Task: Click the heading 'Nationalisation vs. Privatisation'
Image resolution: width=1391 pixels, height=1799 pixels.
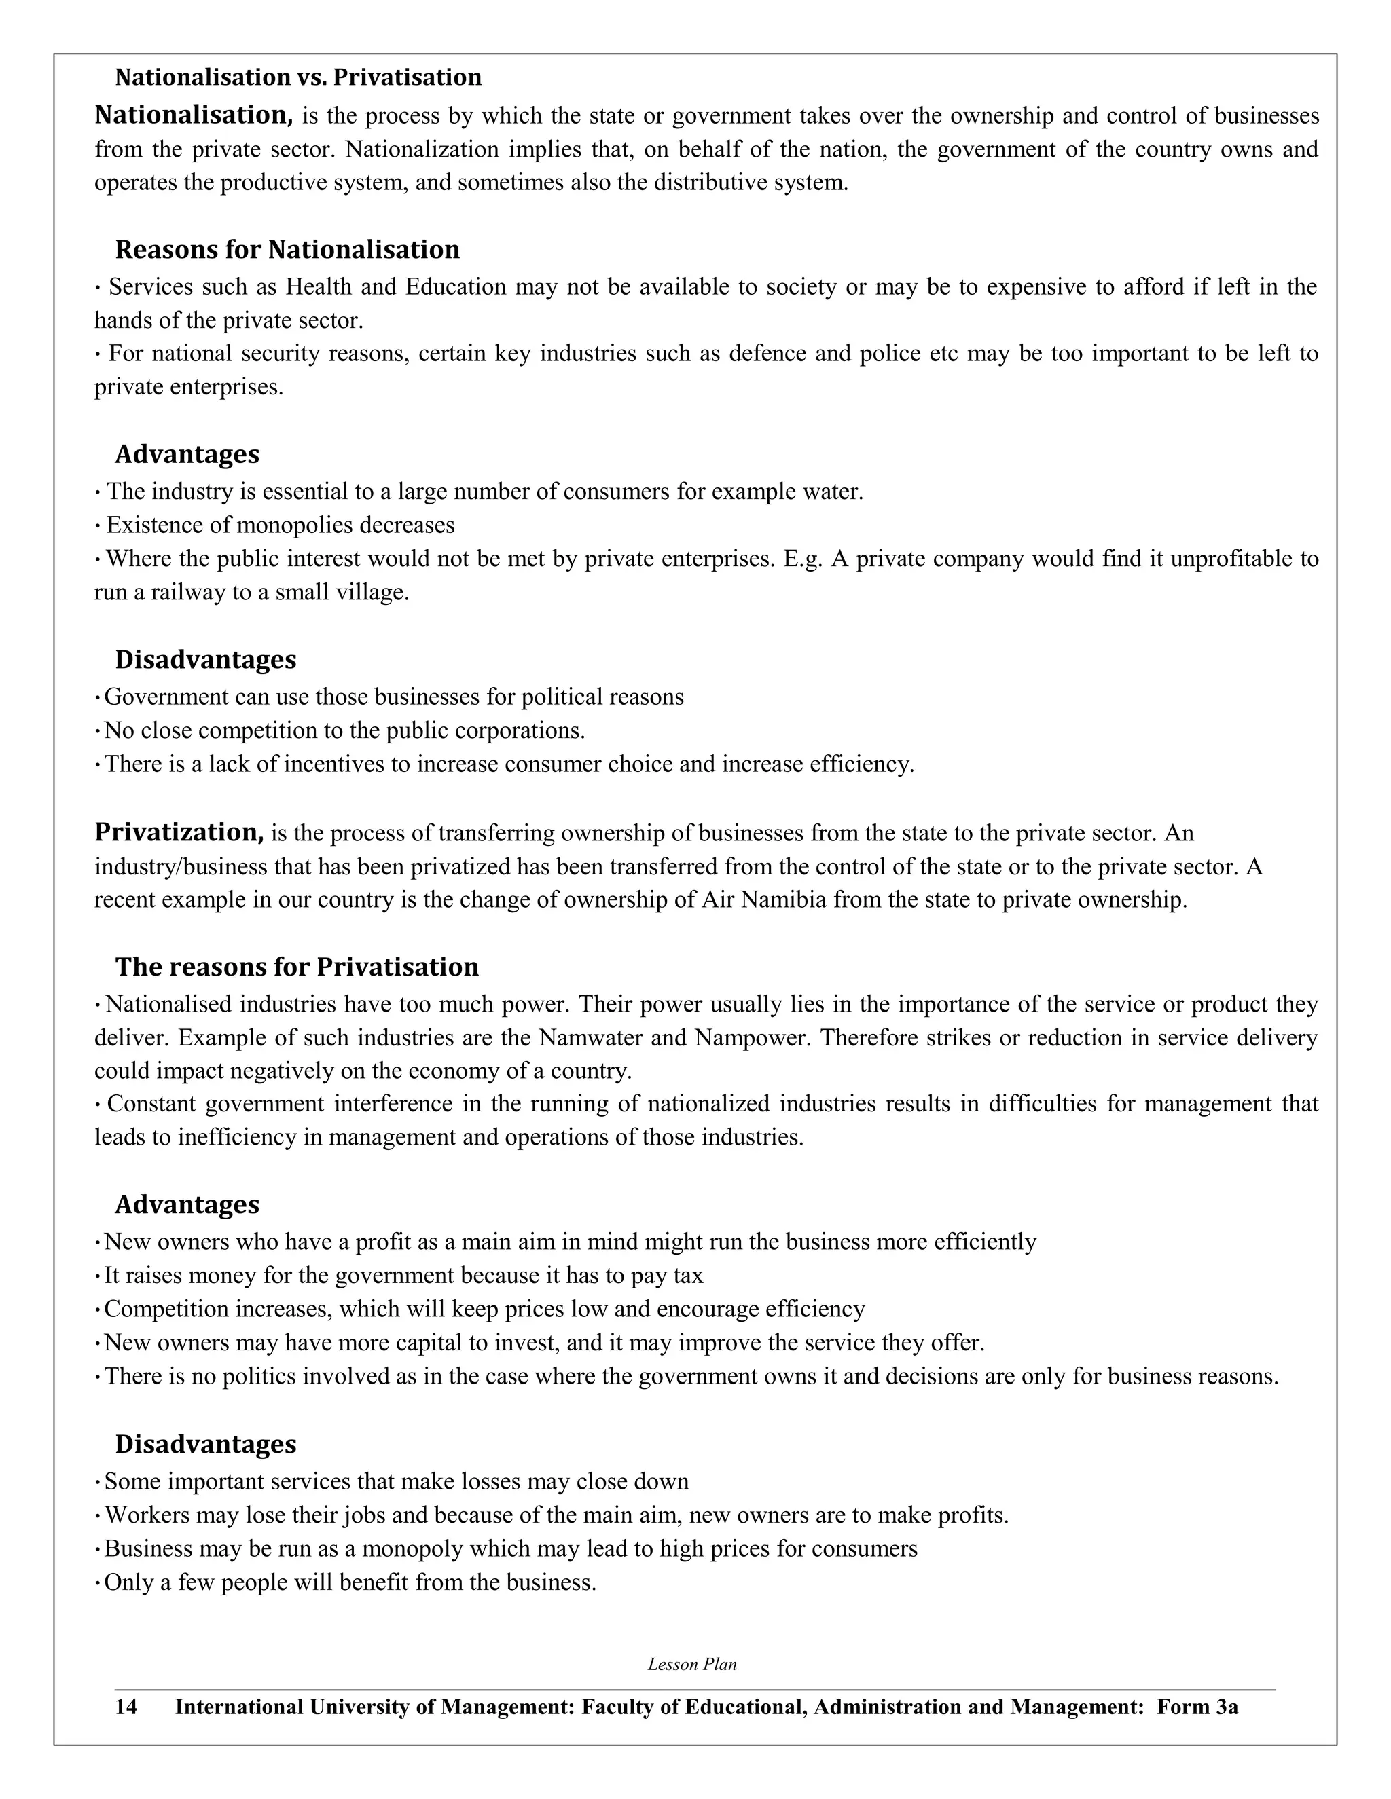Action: point(297,77)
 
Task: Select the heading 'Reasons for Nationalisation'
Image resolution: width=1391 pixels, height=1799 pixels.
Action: point(287,250)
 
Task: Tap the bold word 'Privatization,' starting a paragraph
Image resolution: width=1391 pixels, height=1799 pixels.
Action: point(179,833)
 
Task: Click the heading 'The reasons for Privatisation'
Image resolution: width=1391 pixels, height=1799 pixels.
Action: point(297,966)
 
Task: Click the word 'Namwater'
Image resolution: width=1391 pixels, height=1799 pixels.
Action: point(591,1037)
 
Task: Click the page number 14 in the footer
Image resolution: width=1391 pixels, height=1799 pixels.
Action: point(126,1707)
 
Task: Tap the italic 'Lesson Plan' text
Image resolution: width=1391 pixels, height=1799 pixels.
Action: point(692,1664)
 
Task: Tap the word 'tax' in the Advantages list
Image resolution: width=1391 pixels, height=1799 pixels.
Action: point(688,1276)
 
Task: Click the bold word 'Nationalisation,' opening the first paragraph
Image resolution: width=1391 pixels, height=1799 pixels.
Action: point(194,115)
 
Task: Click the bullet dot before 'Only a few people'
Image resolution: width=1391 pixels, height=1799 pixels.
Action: point(98,1582)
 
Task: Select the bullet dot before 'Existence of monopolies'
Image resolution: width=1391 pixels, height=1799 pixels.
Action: point(98,525)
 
